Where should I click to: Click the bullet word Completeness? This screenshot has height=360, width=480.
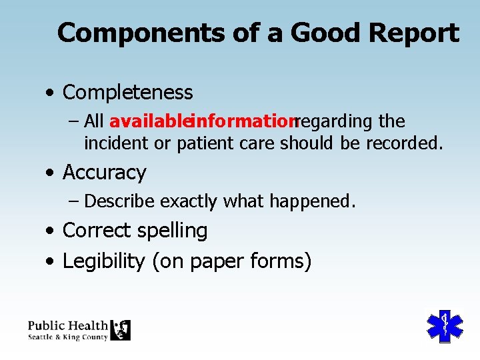pyautogui.click(x=127, y=93)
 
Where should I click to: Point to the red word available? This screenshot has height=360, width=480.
pyautogui.click(x=149, y=122)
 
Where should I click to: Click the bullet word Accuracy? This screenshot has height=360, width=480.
pyautogui.click(x=104, y=173)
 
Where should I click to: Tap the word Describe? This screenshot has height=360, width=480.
pyautogui.click(x=120, y=201)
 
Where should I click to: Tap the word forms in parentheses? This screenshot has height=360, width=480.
pyautogui.click(x=285, y=261)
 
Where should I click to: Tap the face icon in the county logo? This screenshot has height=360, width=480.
pyautogui.click(x=121, y=329)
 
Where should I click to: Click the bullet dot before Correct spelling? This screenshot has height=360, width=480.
pyautogui.click(x=51, y=231)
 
